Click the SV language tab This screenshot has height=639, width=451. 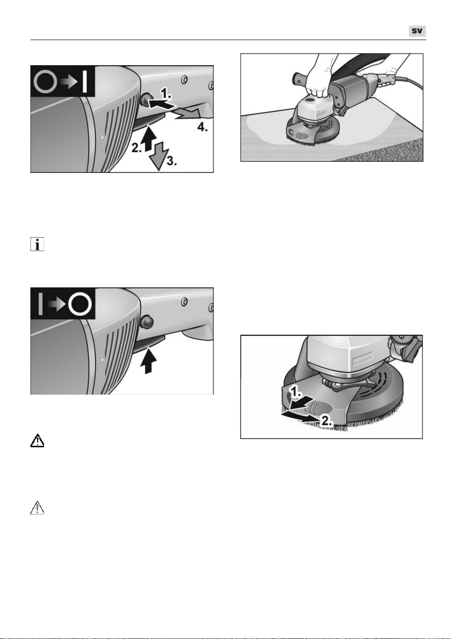coord(417,31)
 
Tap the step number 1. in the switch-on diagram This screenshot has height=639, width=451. coord(166,93)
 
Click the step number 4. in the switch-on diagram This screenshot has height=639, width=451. coord(202,127)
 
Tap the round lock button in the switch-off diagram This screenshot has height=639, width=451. coord(147,322)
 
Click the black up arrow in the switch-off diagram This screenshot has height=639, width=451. coord(149,360)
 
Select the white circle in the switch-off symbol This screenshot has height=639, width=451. coord(80,304)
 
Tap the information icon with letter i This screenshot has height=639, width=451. coord(37,244)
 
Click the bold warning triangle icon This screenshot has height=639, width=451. coord(37,440)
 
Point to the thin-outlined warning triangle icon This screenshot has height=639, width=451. coord(37,508)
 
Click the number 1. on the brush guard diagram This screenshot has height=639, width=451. coord(296,393)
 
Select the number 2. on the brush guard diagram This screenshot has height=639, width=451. coord(327,421)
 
